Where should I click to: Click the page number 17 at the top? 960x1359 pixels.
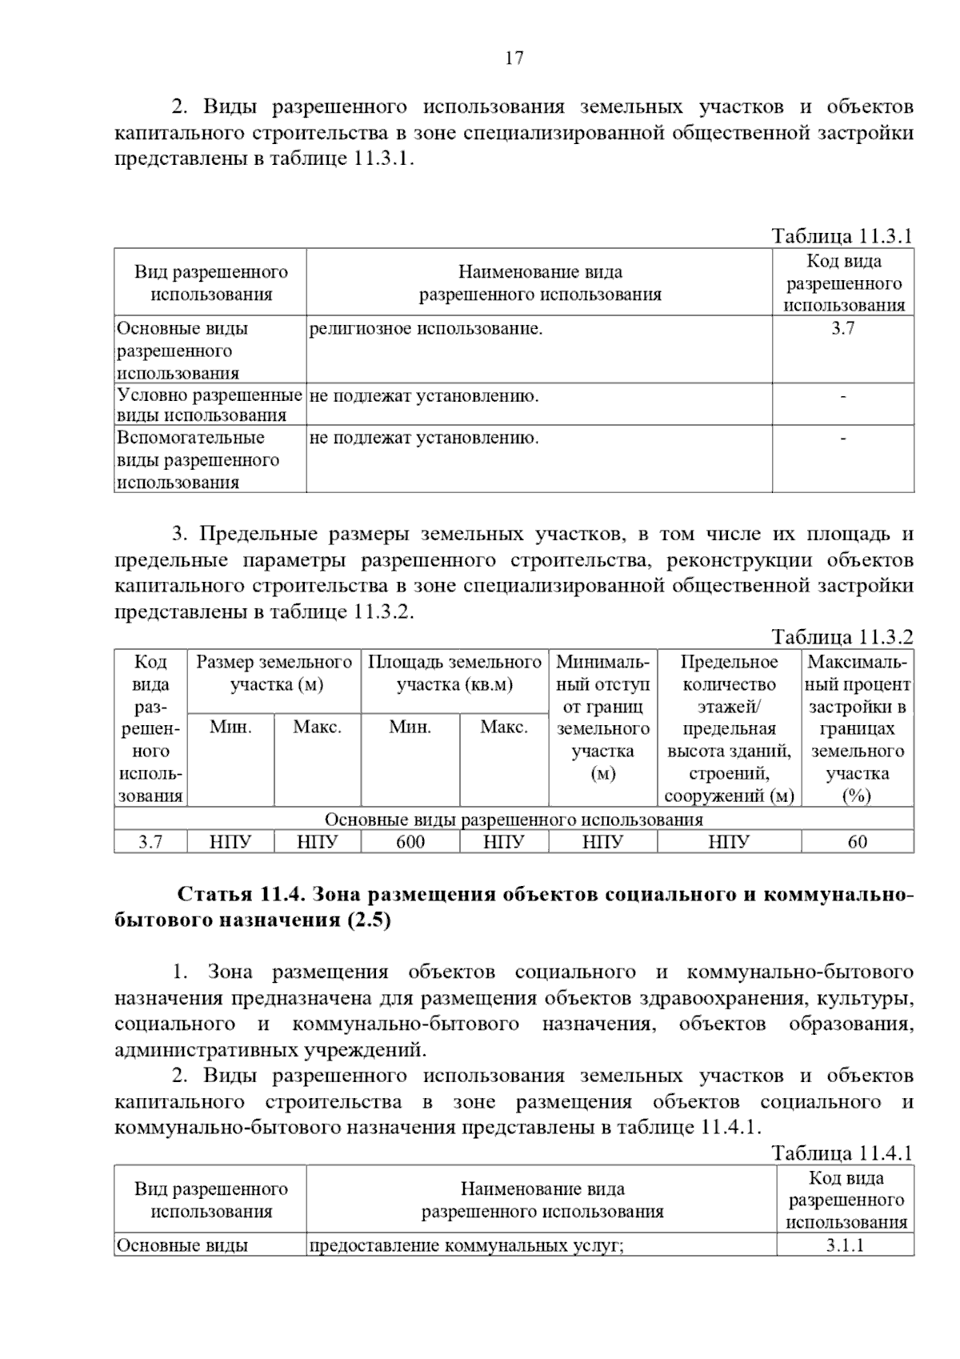tap(514, 58)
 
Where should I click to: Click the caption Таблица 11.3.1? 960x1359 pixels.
tap(842, 236)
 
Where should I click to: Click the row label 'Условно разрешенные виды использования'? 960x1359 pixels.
tap(209, 405)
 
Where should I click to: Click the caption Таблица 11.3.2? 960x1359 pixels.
tap(842, 637)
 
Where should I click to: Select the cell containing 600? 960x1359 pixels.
tap(410, 842)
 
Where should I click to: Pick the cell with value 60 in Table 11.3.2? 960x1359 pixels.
tap(857, 842)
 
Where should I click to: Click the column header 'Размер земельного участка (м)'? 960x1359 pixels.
tap(274, 674)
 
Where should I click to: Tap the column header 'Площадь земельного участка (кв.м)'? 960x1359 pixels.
tap(454, 674)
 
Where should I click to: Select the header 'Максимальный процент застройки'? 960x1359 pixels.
tap(858, 728)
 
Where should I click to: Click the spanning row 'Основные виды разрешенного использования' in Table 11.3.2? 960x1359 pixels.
tap(514, 820)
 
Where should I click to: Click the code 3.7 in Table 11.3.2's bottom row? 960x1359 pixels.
tap(150, 842)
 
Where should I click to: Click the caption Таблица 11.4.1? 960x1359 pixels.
tap(842, 1153)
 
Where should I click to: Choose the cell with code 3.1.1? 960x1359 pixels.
tap(846, 1245)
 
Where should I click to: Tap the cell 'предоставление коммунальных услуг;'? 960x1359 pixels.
tap(466, 1245)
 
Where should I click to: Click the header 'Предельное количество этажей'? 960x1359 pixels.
tap(729, 728)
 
